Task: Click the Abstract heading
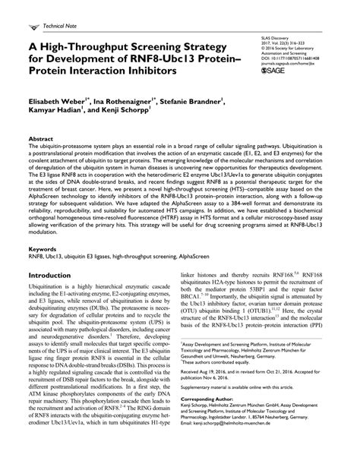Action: (40, 140)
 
